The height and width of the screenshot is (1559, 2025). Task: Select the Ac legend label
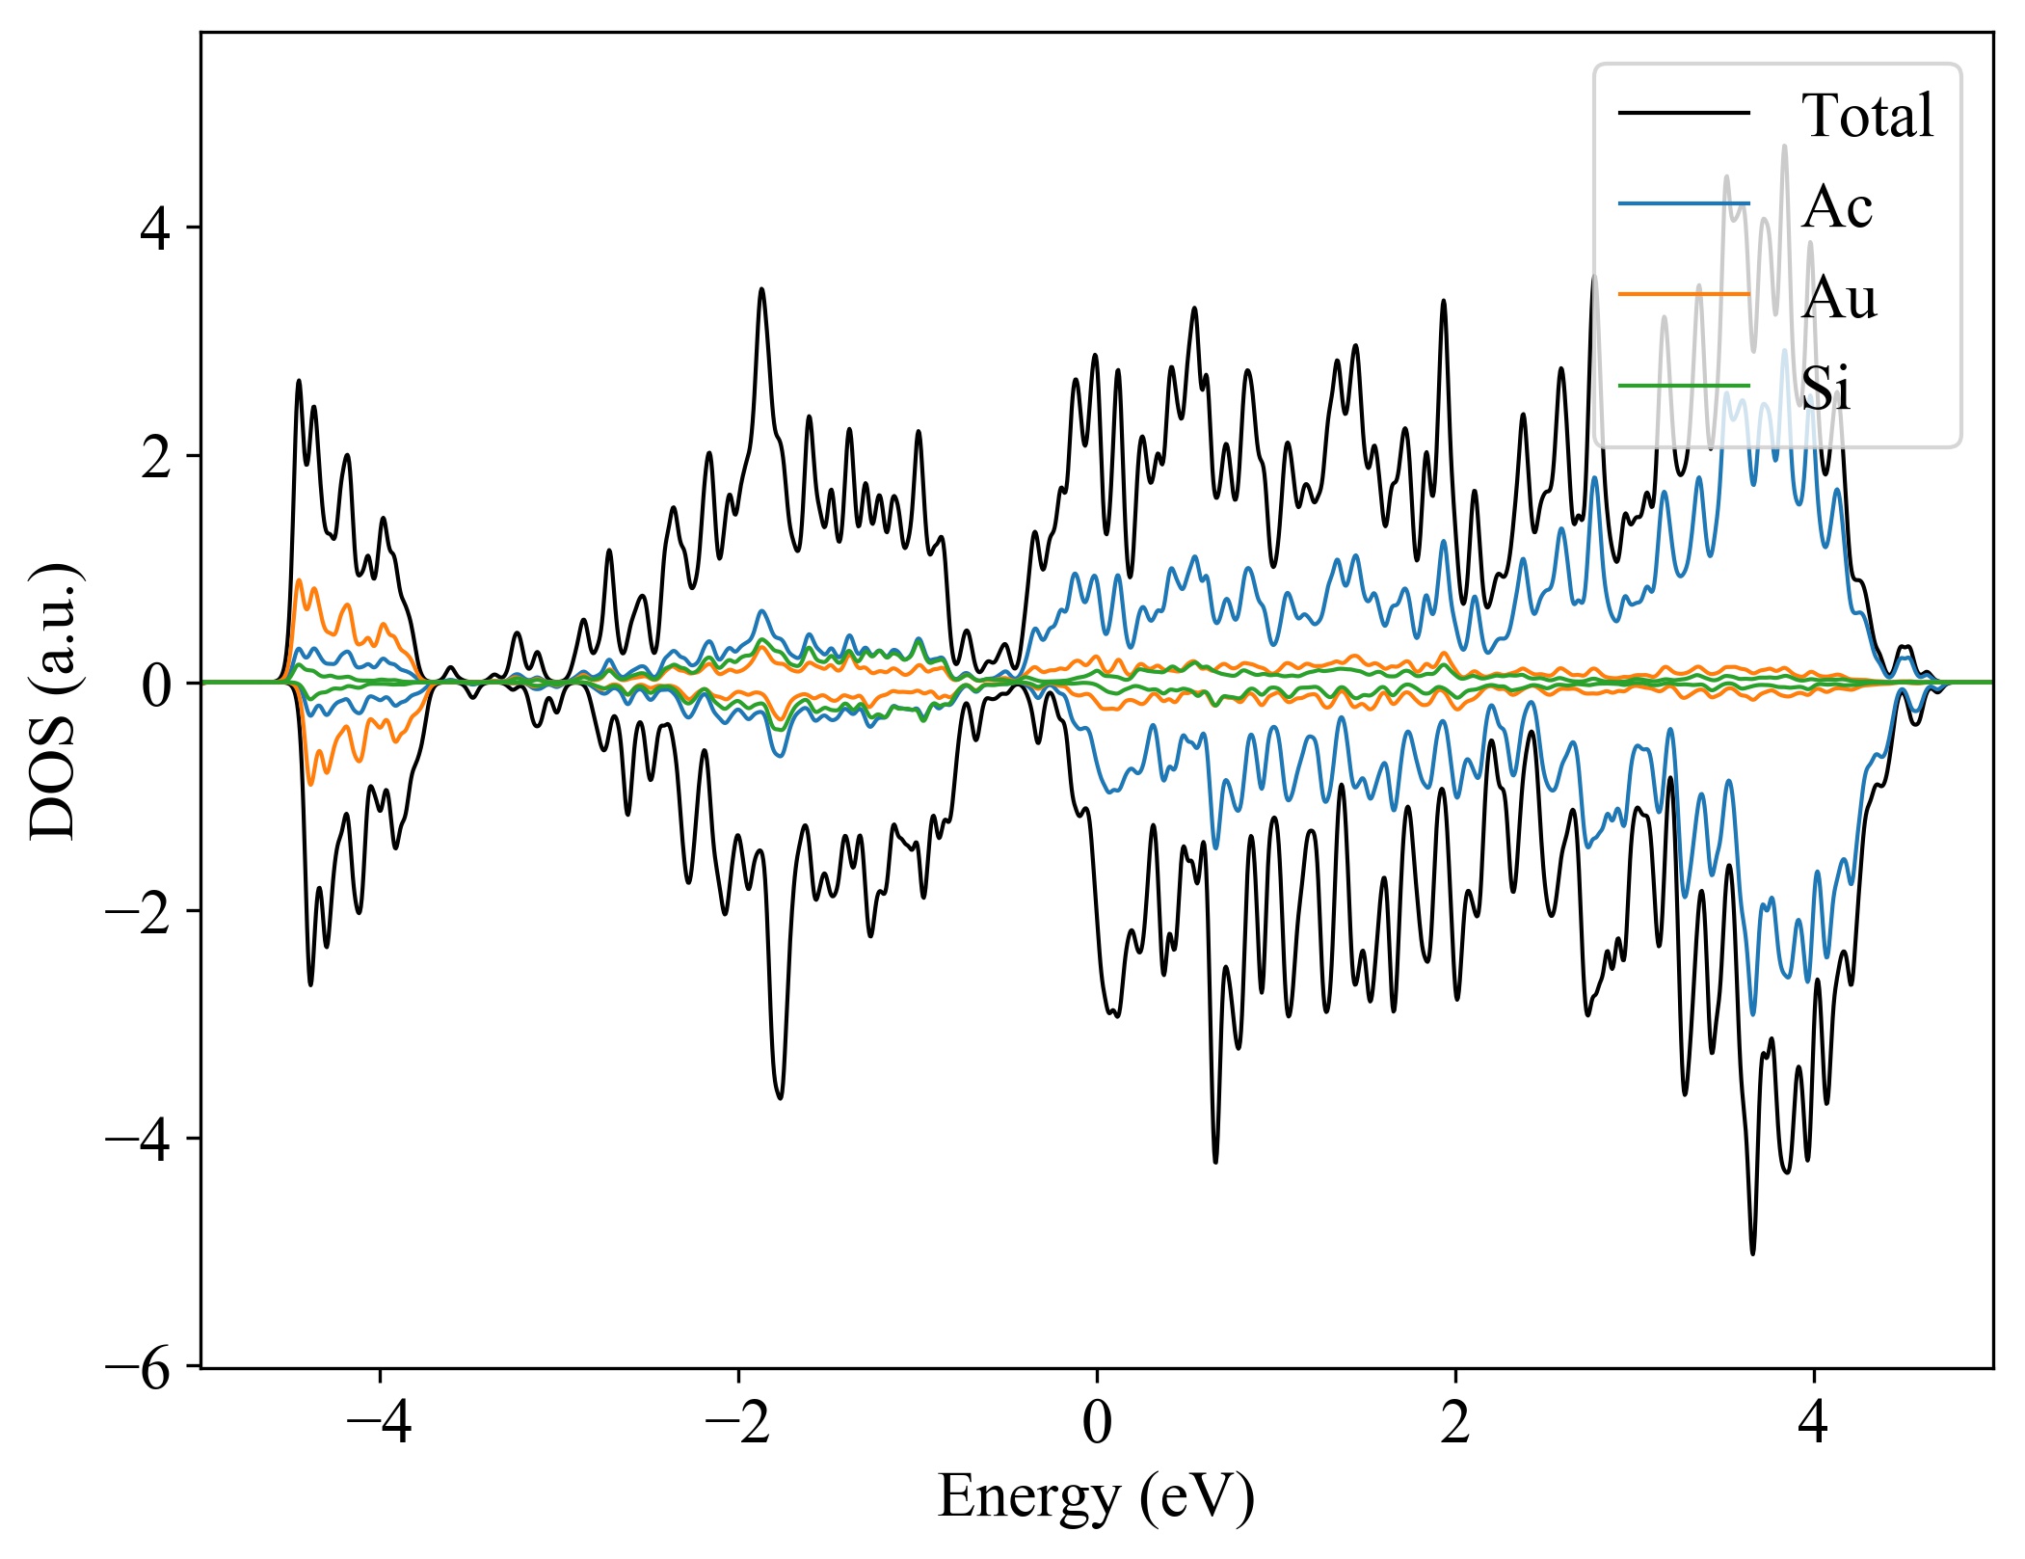(x=1836, y=206)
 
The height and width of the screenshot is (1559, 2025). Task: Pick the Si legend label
(x=1825, y=389)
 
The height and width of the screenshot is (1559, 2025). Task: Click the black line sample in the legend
(x=1683, y=114)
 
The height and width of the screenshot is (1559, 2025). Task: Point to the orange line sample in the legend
(x=1683, y=293)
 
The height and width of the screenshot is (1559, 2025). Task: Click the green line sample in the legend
(x=1683, y=386)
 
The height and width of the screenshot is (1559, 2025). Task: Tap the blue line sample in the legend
(x=1683, y=203)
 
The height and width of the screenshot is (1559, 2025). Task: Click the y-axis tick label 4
(x=156, y=228)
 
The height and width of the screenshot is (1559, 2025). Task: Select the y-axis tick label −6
(x=139, y=1366)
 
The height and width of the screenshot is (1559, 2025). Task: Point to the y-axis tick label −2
(x=139, y=911)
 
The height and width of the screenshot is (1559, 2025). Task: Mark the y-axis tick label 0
(x=156, y=684)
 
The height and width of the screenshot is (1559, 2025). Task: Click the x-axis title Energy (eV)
(x=1096, y=1496)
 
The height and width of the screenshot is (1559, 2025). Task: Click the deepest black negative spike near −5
(x=1752, y=1252)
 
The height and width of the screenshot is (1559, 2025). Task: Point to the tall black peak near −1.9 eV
(x=762, y=289)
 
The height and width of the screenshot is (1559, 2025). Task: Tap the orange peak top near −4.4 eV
(x=299, y=580)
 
